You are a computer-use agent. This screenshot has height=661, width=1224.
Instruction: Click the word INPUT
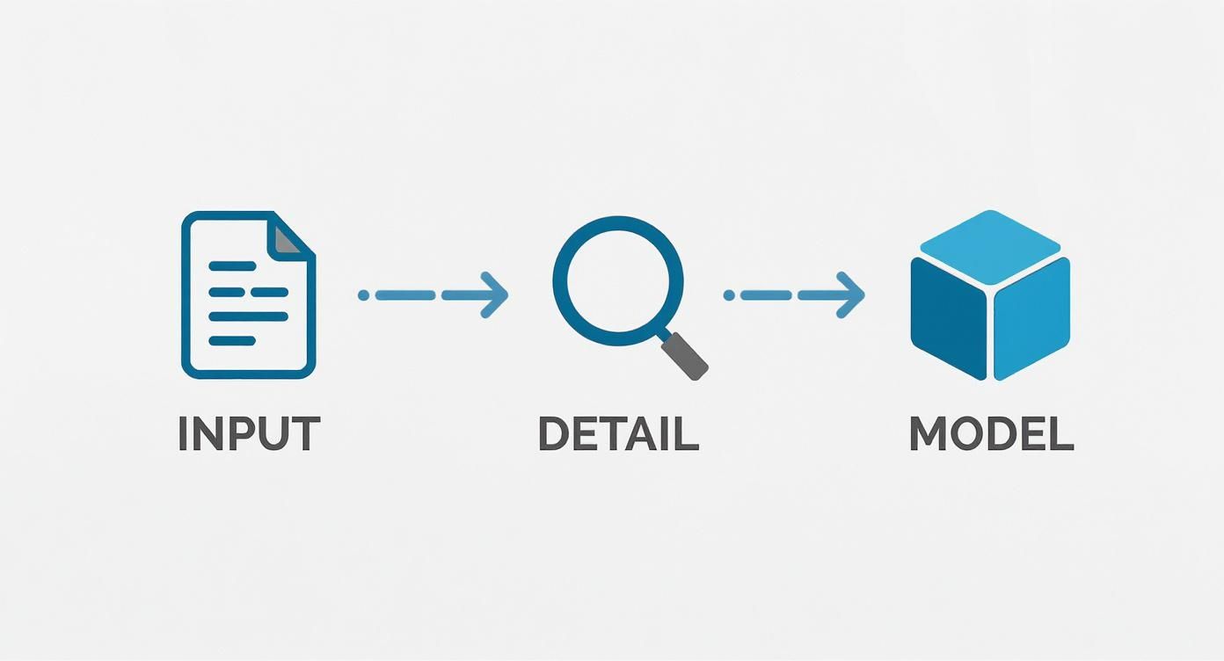[249, 434]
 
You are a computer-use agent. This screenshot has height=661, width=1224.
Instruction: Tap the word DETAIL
[617, 434]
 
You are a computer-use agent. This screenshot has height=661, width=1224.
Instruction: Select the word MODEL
[991, 434]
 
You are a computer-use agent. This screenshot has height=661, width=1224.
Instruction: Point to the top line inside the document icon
[232, 265]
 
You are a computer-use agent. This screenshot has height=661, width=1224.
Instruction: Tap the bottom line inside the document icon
[232, 341]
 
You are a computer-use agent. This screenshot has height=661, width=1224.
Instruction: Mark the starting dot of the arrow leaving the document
[363, 295]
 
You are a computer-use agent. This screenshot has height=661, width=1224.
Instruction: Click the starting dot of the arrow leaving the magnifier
[728, 295]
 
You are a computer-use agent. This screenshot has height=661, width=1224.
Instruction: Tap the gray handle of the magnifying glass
[687, 357]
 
